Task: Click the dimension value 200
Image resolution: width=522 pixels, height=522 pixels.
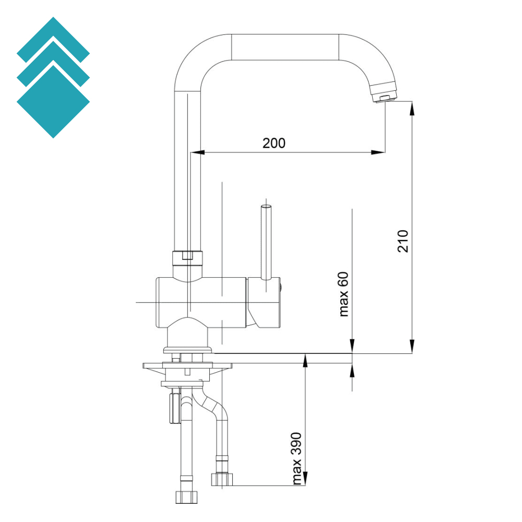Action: tap(274, 143)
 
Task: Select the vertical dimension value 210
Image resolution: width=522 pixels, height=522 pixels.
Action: tap(403, 241)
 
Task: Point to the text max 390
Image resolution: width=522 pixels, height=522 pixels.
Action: tap(297, 458)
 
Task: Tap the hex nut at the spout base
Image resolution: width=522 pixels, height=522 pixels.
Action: tap(187, 256)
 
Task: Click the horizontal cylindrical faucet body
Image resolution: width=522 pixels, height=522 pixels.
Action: tap(201, 303)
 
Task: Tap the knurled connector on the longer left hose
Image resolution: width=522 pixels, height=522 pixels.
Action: tap(186, 496)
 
